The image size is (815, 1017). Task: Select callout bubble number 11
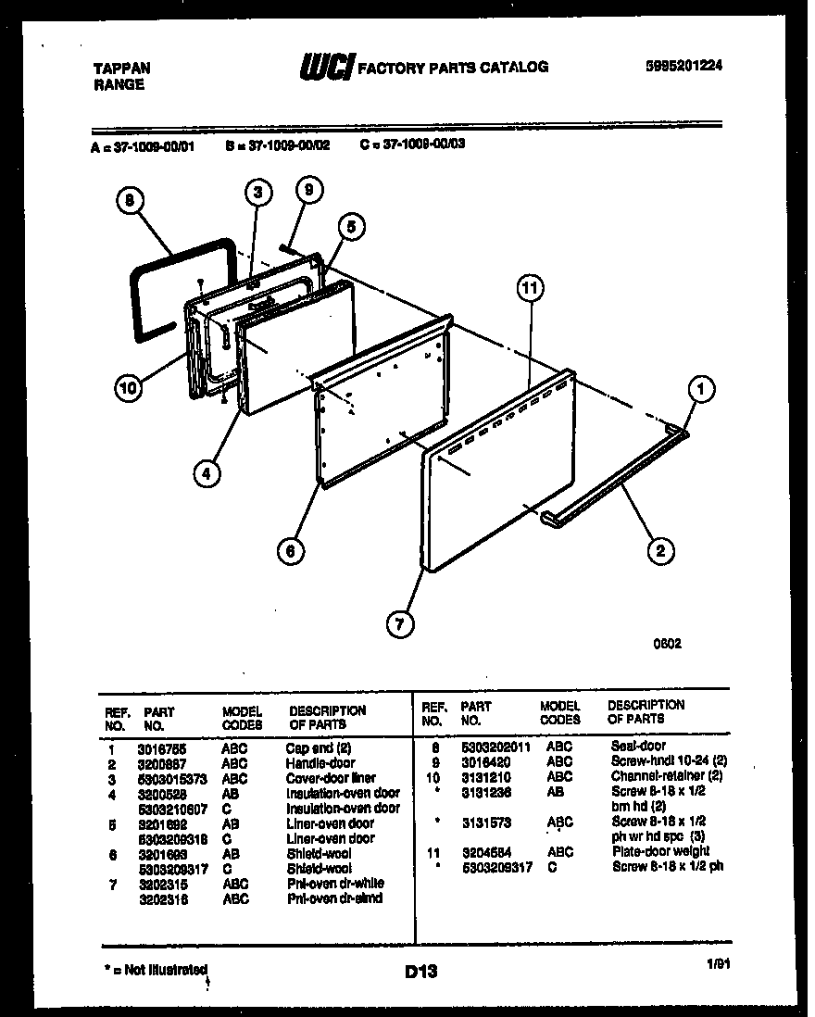pos(528,289)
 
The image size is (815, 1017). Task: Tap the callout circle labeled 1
pos(700,392)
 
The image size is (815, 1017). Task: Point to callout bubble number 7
pos(399,624)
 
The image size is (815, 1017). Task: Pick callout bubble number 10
pos(131,388)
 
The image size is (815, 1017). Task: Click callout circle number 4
pos(207,472)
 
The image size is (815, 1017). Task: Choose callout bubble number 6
pos(291,551)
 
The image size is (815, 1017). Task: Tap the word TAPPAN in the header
pos(122,68)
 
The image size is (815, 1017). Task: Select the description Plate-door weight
pos(660,851)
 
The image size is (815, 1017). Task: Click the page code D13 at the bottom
pos(420,972)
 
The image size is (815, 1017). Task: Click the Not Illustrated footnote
pos(154,969)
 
